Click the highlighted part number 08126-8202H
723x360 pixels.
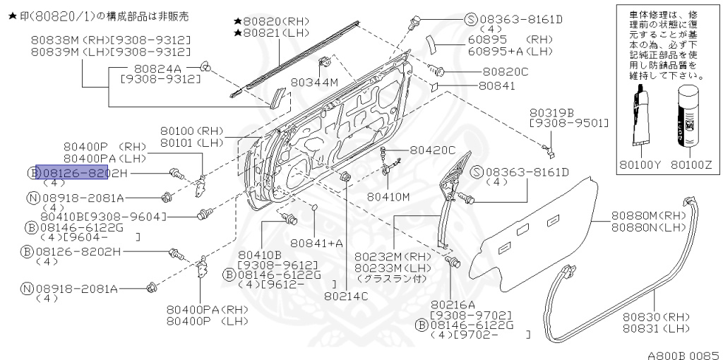point(77,173)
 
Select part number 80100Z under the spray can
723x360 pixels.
point(692,165)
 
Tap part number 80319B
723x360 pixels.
point(551,112)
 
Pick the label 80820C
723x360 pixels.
point(506,71)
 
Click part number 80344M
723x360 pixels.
point(315,83)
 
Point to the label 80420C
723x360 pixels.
point(433,150)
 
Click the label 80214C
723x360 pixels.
point(346,296)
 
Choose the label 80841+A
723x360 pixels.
point(316,243)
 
